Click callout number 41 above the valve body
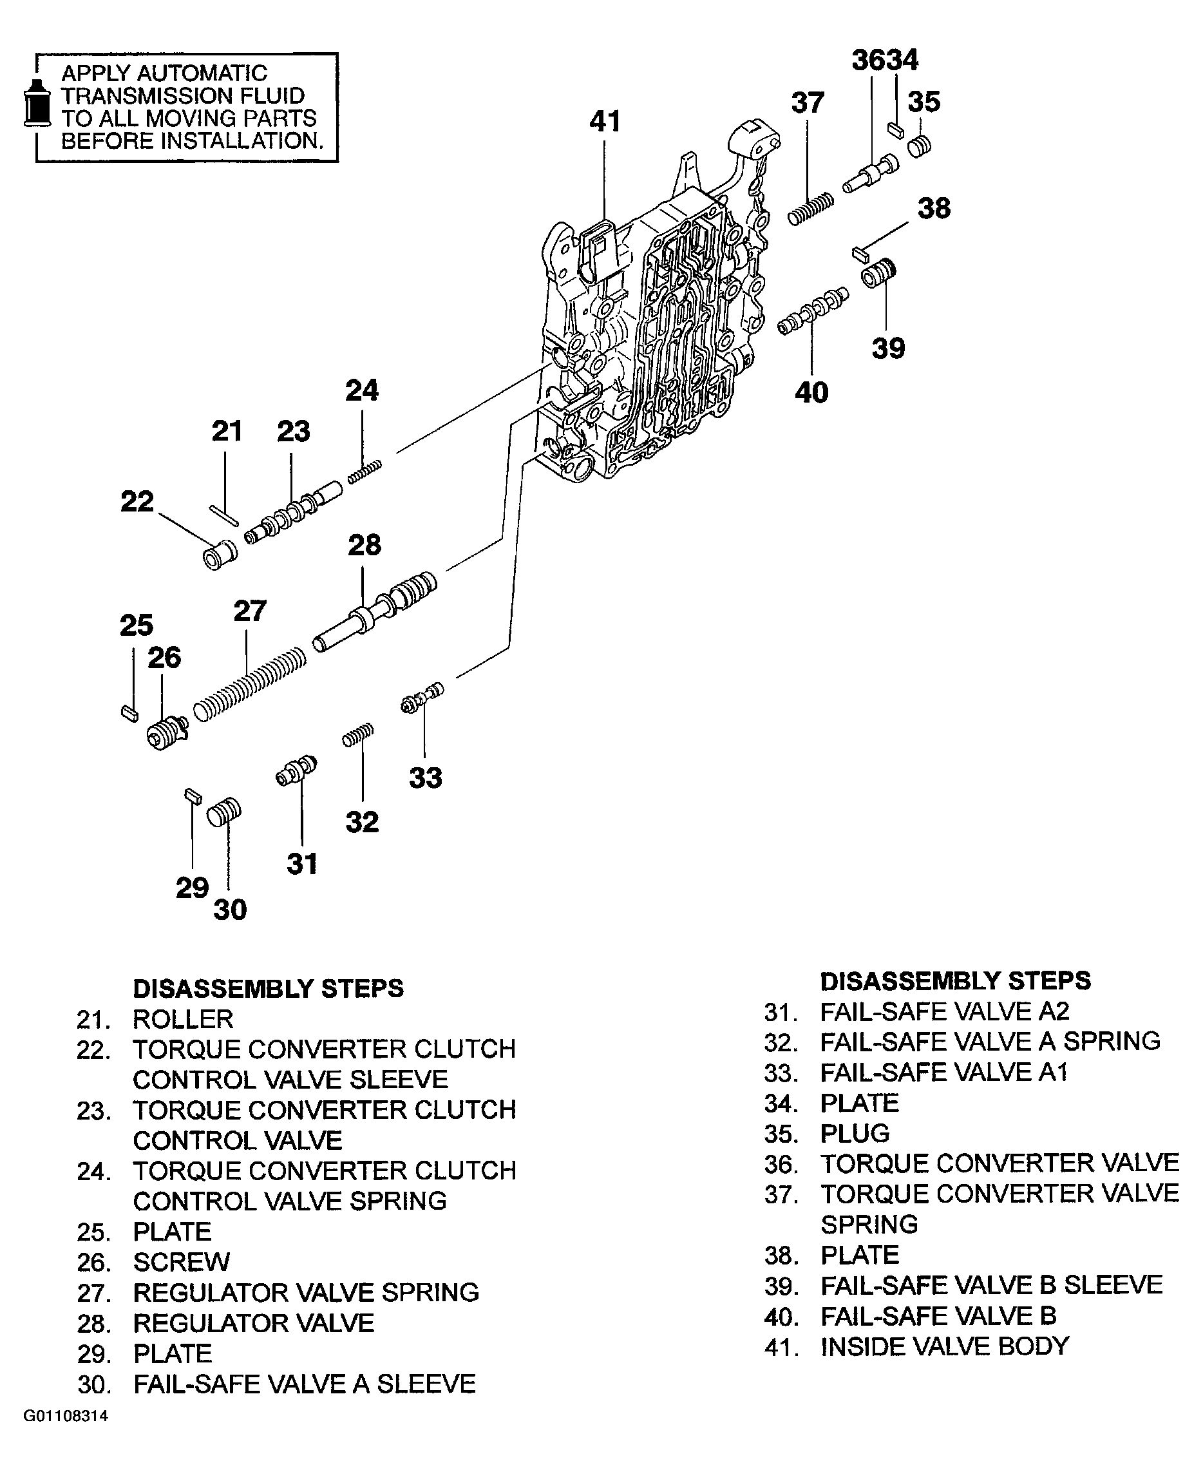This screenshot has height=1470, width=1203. coord(604,122)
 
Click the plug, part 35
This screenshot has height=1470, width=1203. coord(920,146)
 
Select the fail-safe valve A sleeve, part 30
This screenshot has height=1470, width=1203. coord(225,812)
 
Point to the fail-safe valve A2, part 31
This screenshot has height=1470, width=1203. coord(297,770)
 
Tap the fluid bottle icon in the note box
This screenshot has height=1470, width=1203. coord(37,104)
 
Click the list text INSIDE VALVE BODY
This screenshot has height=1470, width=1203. coord(945,1346)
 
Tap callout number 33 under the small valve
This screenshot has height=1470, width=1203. coord(425,777)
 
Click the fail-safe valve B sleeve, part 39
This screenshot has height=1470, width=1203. coord(878,272)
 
